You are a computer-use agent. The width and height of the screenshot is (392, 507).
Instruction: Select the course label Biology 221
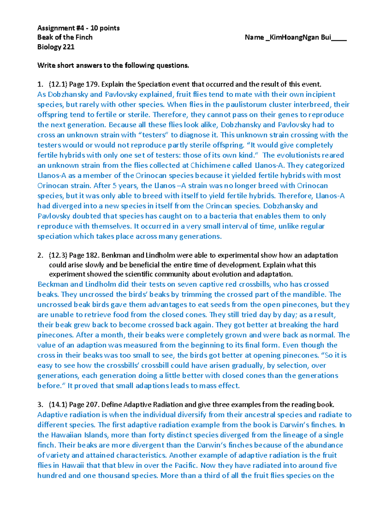(56, 47)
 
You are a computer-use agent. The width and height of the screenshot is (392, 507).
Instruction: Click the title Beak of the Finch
(65, 38)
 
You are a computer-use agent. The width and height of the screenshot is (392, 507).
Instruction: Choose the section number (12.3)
(58, 255)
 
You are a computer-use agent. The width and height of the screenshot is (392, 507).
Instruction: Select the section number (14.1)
(58, 405)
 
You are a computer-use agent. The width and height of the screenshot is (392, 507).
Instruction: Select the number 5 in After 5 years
(114, 186)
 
